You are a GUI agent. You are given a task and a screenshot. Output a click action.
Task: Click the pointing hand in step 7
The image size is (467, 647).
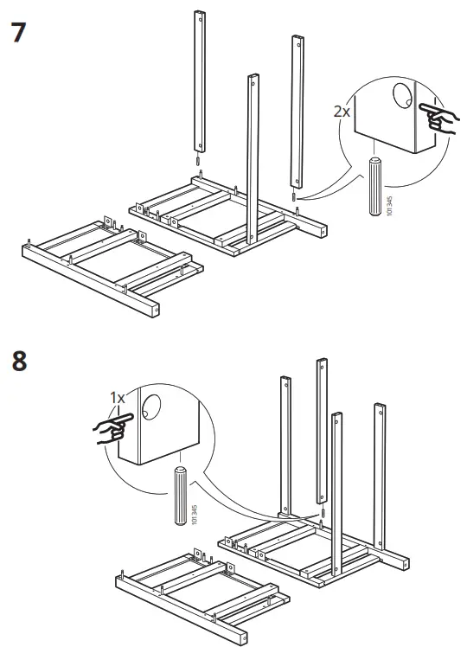click(x=438, y=118)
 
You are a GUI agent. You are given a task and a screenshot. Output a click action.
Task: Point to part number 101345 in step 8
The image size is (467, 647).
click(x=194, y=516)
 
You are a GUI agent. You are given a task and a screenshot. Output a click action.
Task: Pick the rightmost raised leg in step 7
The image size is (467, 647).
click(x=296, y=112)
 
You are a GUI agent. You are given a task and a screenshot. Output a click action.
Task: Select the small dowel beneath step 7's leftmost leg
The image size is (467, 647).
click(x=198, y=163)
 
